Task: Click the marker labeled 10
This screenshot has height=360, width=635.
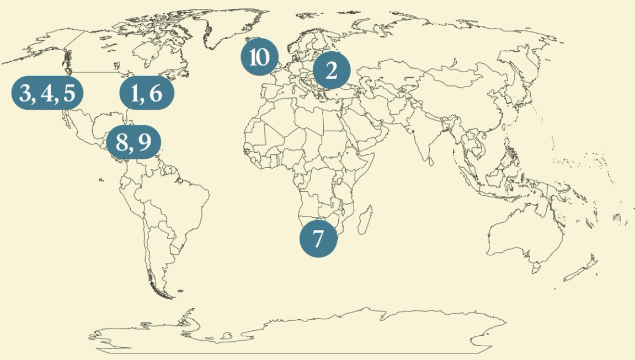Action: tap(259, 57)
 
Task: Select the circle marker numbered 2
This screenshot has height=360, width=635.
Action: tap(332, 71)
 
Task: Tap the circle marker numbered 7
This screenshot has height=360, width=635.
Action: tap(318, 239)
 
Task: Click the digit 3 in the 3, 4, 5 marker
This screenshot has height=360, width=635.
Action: tap(25, 93)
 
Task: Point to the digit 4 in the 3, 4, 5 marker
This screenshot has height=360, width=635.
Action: tap(47, 93)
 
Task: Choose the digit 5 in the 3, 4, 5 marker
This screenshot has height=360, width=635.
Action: tap(68, 93)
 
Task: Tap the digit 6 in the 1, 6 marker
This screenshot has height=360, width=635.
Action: tap(156, 94)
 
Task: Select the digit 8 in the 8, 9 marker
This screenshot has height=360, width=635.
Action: tap(122, 142)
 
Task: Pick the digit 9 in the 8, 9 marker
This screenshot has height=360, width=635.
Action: tap(145, 142)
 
